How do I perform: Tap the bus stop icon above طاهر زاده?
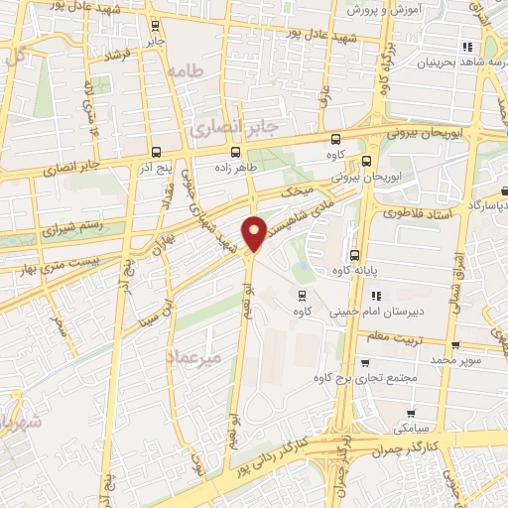tap(236, 152)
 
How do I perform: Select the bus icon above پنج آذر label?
tap(158, 152)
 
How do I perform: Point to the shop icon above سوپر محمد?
tap(454, 346)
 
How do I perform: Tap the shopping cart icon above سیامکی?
tap(409, 412)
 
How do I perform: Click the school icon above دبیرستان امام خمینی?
tap(376, 295)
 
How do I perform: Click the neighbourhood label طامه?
tap(186, 71)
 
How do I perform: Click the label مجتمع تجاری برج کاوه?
tap(366, 379)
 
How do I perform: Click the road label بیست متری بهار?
tap(60, 260)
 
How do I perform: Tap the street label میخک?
tap(298, 189)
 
